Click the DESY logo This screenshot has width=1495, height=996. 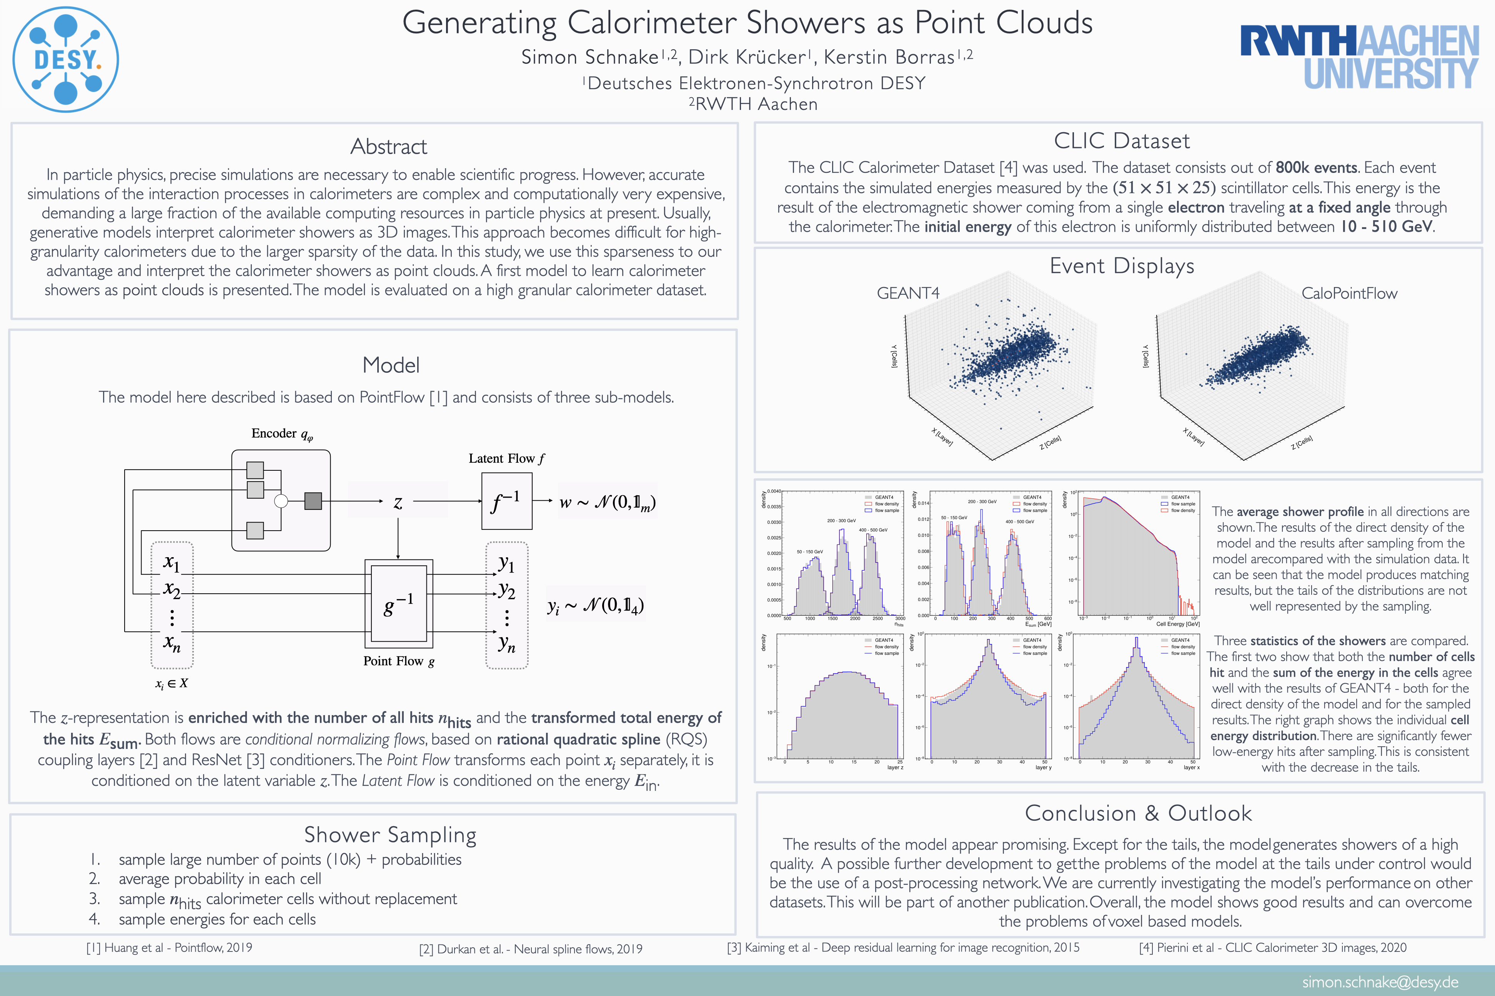coord(65,60)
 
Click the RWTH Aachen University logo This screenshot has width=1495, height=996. coord(1360,57)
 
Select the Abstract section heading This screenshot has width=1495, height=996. coord(388,147)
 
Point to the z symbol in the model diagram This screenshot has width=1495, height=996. coord(398,503)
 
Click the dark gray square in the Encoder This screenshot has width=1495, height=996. coord(313,501)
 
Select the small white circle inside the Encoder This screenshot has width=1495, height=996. coord(280,501)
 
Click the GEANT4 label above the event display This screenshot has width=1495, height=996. coord(908,293)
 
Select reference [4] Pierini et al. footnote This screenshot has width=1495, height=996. coord(1272,948)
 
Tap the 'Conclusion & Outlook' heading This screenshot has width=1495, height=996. coord(1138,813)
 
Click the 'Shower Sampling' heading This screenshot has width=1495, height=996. coord(390,835)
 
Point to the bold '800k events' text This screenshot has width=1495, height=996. coord(1316,168)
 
